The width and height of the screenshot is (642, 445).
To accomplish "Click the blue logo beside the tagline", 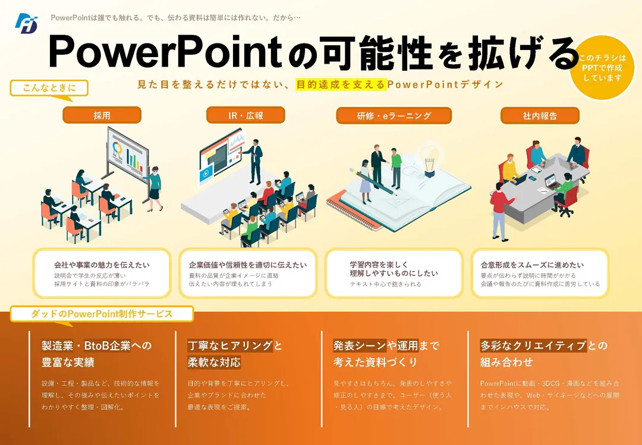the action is pos(27,23).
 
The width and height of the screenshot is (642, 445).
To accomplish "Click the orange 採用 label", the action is pos(102,115).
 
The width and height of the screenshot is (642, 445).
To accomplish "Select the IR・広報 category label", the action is pos(246,115).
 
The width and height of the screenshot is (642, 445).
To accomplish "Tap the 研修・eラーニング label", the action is pos(394,115).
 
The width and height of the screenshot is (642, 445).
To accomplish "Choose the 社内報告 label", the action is pos(540,115).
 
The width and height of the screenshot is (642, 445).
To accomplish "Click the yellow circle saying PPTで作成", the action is pos(602,67).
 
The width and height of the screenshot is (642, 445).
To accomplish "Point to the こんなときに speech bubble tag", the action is pos(49,89).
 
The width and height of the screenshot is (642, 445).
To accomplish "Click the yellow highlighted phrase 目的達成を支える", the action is pos(341,84).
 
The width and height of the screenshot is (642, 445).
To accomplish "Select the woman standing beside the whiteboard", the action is pos(155,189).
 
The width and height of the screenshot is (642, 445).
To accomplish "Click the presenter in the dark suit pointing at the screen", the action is pos(254,161).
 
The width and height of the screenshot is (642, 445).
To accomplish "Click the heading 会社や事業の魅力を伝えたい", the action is pos(102,265).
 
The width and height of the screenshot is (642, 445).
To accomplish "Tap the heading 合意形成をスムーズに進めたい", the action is pos(532,265).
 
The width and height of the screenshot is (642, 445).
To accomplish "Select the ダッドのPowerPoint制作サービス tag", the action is pos(102,314).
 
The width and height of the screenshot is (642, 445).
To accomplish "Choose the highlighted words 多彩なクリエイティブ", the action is pos(533,346).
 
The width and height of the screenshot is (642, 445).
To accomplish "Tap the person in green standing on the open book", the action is pos(396,168).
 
